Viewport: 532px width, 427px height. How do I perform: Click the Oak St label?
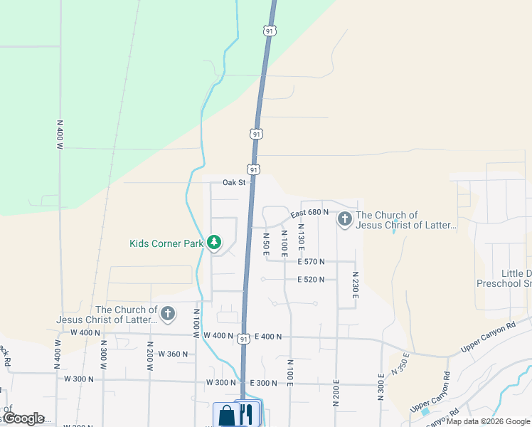click(233, 183)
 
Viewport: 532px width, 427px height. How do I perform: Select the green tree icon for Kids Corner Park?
click(214, 243)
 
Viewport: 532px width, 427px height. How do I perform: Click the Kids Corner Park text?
click(166, 243)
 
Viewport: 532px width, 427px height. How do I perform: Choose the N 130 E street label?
click(301, 241)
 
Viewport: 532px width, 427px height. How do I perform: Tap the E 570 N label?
click(311, 262)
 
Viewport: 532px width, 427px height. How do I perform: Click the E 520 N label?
click(311, 280)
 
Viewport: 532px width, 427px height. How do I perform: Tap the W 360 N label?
click(172, 354)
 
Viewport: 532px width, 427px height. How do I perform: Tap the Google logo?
click(23, 418)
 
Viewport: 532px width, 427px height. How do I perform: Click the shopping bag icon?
click(227, 414)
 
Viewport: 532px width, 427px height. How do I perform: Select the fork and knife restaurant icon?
click(247, 414)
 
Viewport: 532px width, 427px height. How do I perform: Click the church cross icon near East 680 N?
click(345, 219)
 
